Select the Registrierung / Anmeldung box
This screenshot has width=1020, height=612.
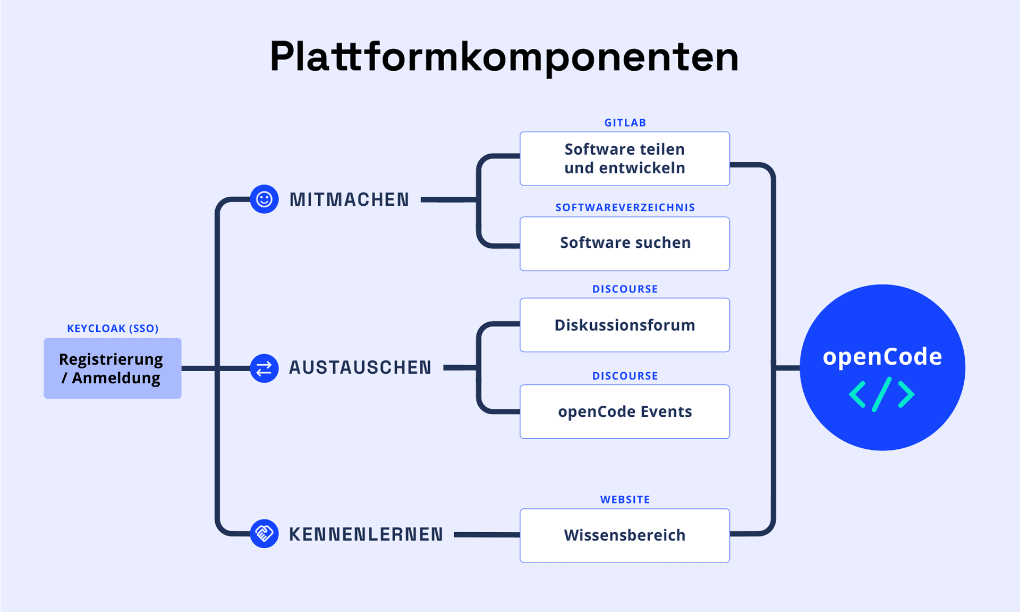(112, 368)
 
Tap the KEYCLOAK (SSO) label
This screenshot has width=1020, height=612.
(113, 329)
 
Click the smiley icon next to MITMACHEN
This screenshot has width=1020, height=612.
(264, 199)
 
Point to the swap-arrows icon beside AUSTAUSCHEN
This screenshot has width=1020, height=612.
(264, 368)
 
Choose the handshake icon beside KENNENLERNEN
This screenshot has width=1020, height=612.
(264, 533)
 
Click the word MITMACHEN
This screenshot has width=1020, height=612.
(349, 200)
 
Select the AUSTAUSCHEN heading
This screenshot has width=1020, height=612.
(360, 368)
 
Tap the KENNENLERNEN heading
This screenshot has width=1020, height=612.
(366, 534)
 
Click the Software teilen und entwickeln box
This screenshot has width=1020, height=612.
(625, 158)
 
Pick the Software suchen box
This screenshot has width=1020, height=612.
(625, 244)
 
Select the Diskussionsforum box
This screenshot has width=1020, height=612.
(625, 325)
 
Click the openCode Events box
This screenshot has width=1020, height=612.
(625, 412)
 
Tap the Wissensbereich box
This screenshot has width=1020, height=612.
(625, 535)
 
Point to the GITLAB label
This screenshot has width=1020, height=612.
(625, 123)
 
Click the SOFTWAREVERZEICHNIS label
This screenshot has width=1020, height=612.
(625, 207)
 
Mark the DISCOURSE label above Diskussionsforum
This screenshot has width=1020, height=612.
(625, 289)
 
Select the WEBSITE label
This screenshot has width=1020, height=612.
(625, 500)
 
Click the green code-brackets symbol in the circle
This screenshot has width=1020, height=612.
(882, 395)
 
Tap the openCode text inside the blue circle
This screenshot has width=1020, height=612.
(882, 357)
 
